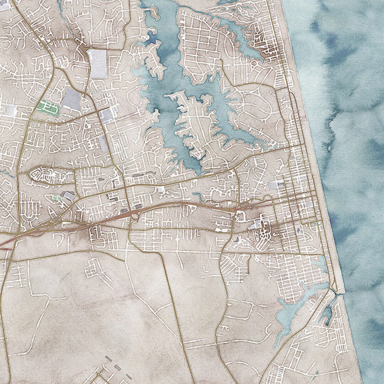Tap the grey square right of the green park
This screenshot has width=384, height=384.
coord(71,99)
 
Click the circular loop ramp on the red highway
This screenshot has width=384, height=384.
coord(135,216)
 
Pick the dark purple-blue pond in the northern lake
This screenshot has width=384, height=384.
coord(152,38)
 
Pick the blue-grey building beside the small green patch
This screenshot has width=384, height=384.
coord(68,195)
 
